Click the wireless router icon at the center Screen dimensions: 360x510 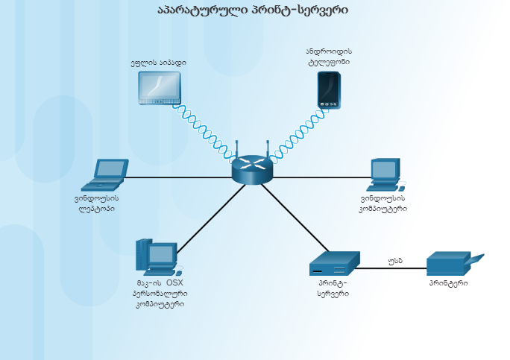252,170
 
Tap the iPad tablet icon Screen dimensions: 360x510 160,87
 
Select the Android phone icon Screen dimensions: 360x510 329,90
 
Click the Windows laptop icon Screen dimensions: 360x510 104,175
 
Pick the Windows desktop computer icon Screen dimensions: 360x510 384,175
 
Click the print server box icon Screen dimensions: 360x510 335,264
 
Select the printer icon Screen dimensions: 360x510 453,264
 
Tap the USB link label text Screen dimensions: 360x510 395,261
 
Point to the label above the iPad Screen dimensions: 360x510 158,63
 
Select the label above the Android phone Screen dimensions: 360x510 328,57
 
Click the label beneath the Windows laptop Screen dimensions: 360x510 97,203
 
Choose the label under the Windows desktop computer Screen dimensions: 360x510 382,203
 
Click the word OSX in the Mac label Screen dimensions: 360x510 174,283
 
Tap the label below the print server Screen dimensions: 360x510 333,288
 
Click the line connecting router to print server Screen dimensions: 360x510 295,217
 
